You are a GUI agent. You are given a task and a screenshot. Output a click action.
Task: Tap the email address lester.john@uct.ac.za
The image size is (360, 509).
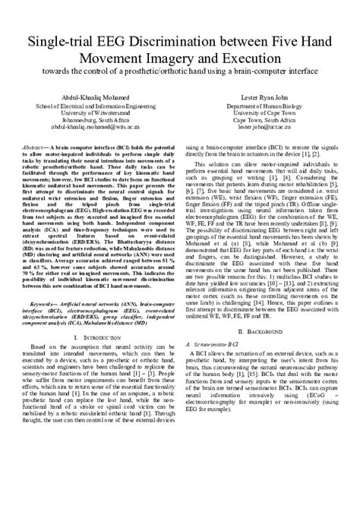(x=264, y=128)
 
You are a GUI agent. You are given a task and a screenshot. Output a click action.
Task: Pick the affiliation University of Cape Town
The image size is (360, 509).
(x=264, y=113)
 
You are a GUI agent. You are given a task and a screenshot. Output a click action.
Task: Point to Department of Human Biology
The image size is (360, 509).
(x=264, y=106)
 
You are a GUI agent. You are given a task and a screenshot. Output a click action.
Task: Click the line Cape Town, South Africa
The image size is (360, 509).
(x=264, y=120)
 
